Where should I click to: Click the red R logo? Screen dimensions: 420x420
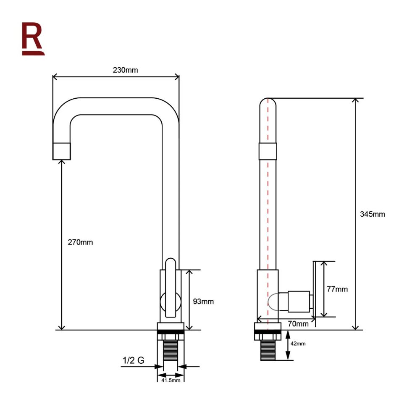click(33, 39)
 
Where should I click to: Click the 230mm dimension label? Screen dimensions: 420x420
click(125, 70)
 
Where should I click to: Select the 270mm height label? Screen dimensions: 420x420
click(80, 242)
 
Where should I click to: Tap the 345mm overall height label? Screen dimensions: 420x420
click(372, 214)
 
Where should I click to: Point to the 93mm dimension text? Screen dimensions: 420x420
click(203, 301)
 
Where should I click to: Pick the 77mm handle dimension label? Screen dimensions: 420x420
click(337, 289)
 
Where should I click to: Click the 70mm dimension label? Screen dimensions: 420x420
click(299, 323)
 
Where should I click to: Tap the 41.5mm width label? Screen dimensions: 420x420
click(171, 380)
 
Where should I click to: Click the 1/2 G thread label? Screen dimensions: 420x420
click(133, 360)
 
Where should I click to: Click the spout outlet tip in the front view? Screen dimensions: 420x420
click(62, 151)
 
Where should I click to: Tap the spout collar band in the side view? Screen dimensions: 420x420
click(268, 151)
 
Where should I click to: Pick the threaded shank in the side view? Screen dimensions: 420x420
click(268, 351)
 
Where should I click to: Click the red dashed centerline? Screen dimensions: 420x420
click(268, 210)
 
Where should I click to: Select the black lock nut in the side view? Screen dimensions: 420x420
click(268, 336)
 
